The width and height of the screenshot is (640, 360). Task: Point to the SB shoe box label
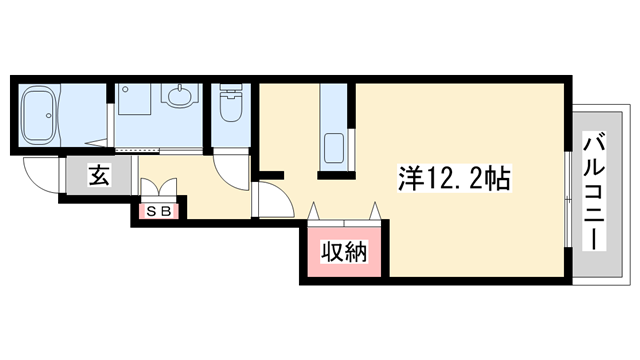[x=158, y=211]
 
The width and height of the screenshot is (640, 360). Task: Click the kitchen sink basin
[x=334, y=148]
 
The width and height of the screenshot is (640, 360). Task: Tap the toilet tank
[x=230, y=88]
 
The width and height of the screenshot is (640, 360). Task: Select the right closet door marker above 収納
[x=375, y=211]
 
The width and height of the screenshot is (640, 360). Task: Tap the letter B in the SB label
[x=164, y=211]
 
